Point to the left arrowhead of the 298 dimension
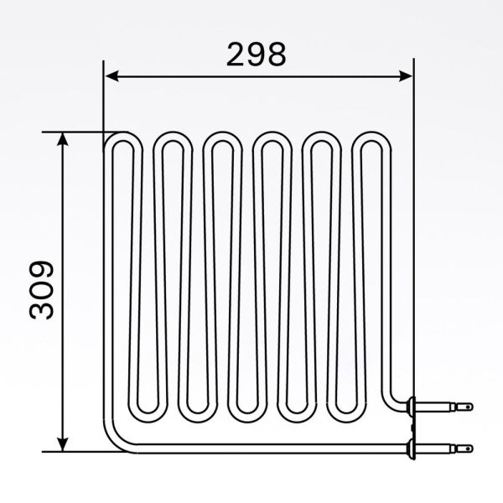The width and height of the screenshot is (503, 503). [109, 75]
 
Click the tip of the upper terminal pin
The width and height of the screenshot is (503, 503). [469, 407]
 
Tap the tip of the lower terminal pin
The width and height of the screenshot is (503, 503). [469, 447]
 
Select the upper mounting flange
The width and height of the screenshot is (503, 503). [408, 407]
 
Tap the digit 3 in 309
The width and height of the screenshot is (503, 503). [42, 310]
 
